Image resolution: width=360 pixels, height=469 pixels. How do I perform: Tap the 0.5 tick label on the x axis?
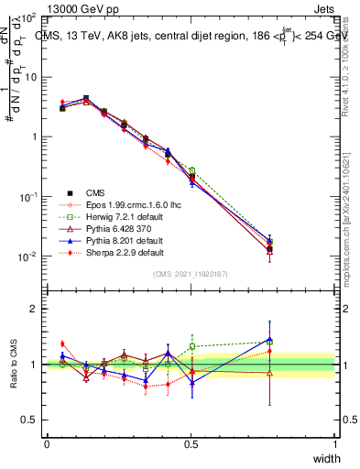191,444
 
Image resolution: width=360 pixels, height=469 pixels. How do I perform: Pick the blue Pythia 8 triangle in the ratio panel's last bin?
269,339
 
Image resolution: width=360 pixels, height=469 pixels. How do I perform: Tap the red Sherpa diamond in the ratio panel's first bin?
61,344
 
